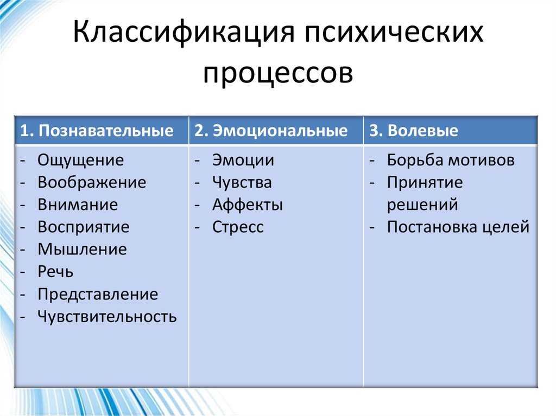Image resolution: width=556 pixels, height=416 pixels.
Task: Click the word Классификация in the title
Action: (184, 32)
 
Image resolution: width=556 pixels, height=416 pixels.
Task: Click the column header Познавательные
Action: (106, 130)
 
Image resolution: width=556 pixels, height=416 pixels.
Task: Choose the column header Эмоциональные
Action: (280, 130)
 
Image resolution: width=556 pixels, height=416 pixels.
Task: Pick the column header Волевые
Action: (422, 130)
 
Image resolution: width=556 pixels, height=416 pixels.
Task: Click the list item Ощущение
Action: (81, 160)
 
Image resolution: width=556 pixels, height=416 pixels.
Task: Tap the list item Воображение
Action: (92, 182)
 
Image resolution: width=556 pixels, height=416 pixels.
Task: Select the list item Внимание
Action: (78, 205)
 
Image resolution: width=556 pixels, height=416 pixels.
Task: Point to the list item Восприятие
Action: (84, 227)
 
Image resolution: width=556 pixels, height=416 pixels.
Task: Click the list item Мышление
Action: (83, 249)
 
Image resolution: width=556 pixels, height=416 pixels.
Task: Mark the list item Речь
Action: (56, 272)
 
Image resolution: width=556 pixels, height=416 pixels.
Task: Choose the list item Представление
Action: (98, 295)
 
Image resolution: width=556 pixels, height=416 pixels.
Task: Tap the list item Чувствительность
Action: (107, 316)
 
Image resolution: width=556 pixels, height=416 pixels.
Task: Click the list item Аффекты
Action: (248, 205)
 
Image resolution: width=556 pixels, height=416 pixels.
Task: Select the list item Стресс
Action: (238, 227)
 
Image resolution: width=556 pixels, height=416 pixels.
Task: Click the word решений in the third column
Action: (422, 206)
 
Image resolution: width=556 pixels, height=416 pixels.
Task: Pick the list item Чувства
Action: (242, 182)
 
